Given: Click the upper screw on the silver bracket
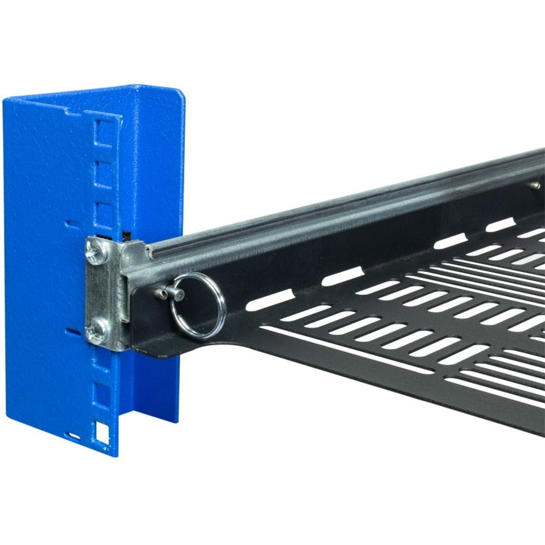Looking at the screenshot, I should [x=96, y=250].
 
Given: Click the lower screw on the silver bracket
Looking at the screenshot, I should [x=96, y=331].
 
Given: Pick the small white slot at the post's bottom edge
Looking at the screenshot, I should [x=74, y=435].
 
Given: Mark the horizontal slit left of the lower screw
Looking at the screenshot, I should [x=73, y=332].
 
